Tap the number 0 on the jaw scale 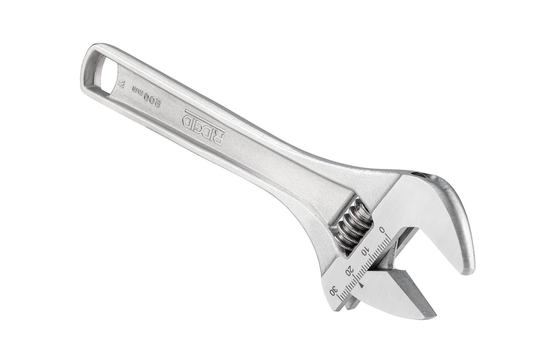pyautogui.click(x=381, y=229)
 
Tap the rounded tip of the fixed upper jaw pyautogui.click(x=470, y=264)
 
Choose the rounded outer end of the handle pyautogui.click(x=87, y=51)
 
